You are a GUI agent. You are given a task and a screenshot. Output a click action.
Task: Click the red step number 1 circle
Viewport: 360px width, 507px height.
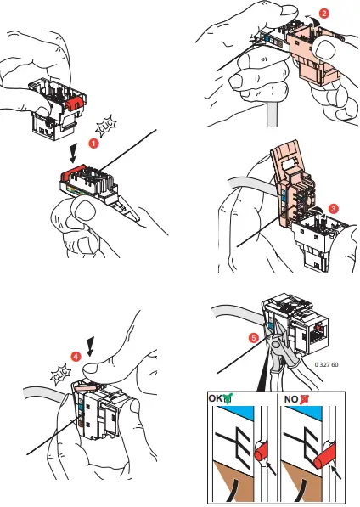click(x=93, y=143)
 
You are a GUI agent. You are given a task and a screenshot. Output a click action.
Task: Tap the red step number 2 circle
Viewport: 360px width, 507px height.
click(x=323, y=14)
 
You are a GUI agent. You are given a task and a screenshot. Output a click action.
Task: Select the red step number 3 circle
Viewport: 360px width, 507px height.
click(x=333, y=209)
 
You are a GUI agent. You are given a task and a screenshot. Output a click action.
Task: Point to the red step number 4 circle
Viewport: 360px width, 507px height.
click(x=76, y=357)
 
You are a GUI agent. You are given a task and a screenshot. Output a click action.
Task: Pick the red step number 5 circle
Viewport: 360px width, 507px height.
click(x=254, y=338)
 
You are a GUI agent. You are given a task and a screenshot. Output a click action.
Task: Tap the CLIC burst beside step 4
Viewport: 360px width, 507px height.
click(x=61, y=375)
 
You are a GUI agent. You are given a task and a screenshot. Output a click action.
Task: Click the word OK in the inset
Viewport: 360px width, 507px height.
click(x=216, y=398)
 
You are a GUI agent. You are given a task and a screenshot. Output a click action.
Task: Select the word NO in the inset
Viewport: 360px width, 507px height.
click(x=291, y=399)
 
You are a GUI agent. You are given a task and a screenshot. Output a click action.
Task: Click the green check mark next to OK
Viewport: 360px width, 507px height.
click(x=228, y=398)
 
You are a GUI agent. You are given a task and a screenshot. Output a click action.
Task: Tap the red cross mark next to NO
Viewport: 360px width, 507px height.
click(x=304, y=399)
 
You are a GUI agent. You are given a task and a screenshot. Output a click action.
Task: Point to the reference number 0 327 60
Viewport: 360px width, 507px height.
click(x=326, y=364)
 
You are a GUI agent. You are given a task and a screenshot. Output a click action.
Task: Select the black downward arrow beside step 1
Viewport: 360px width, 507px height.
click(x=73, y=153)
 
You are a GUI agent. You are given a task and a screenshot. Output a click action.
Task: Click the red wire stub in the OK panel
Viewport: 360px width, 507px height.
click(x=262, y=452)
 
